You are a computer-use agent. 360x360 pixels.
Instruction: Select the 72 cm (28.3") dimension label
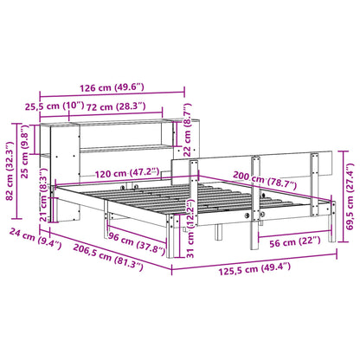[x=122, y=106]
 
